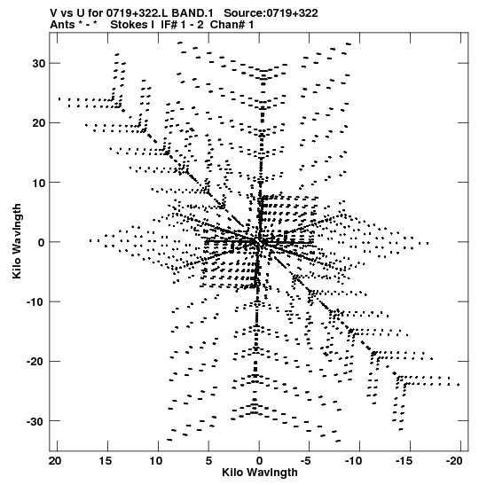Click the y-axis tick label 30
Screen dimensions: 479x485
point(39,64)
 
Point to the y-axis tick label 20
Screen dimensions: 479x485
point(39,123)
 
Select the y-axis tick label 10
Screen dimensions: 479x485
point(39,183)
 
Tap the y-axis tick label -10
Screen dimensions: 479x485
point(35,301)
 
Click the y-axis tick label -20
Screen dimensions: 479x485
point(35,361)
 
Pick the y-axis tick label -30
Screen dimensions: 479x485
point(35,421)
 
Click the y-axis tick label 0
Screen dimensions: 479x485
point(42,242)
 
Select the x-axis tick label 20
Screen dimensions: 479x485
point(55,461)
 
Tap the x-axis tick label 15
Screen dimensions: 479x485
point(106,461)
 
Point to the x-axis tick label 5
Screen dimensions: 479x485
point(208,461)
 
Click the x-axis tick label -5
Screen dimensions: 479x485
point(306,461)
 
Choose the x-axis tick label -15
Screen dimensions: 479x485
point(404,461)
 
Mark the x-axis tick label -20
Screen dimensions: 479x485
point(454,461)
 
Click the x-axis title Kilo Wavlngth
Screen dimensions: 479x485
point(260,473)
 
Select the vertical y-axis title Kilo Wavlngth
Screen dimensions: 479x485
point(17,241)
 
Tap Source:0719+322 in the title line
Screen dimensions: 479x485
point(271,13)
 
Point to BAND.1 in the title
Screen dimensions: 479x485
point(192,13)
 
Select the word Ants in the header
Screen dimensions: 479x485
point(62,25)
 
